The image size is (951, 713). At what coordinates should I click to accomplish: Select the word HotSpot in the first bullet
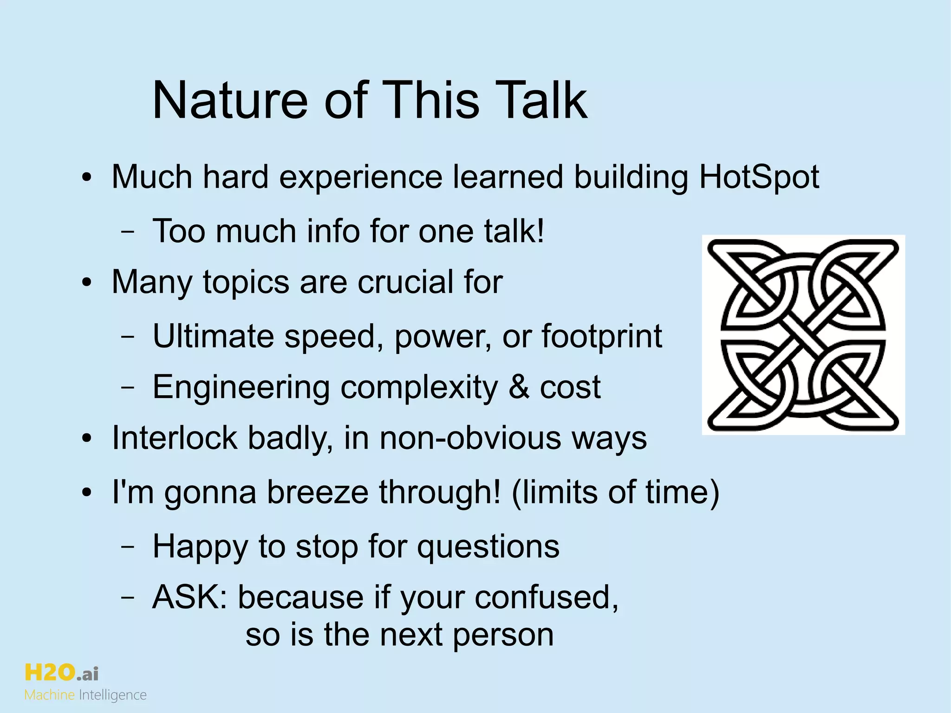tap(759, 177)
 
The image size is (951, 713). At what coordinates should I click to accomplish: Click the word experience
tap(361, 177)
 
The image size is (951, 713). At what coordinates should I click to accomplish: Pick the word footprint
tap(601, 336)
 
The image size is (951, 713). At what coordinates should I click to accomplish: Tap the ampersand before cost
tap(519, 387)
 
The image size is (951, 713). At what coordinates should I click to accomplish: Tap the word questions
tap(488, 547)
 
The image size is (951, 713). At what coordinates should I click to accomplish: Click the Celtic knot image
tap(803, 335)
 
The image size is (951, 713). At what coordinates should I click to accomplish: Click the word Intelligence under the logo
tap(113, 695)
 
